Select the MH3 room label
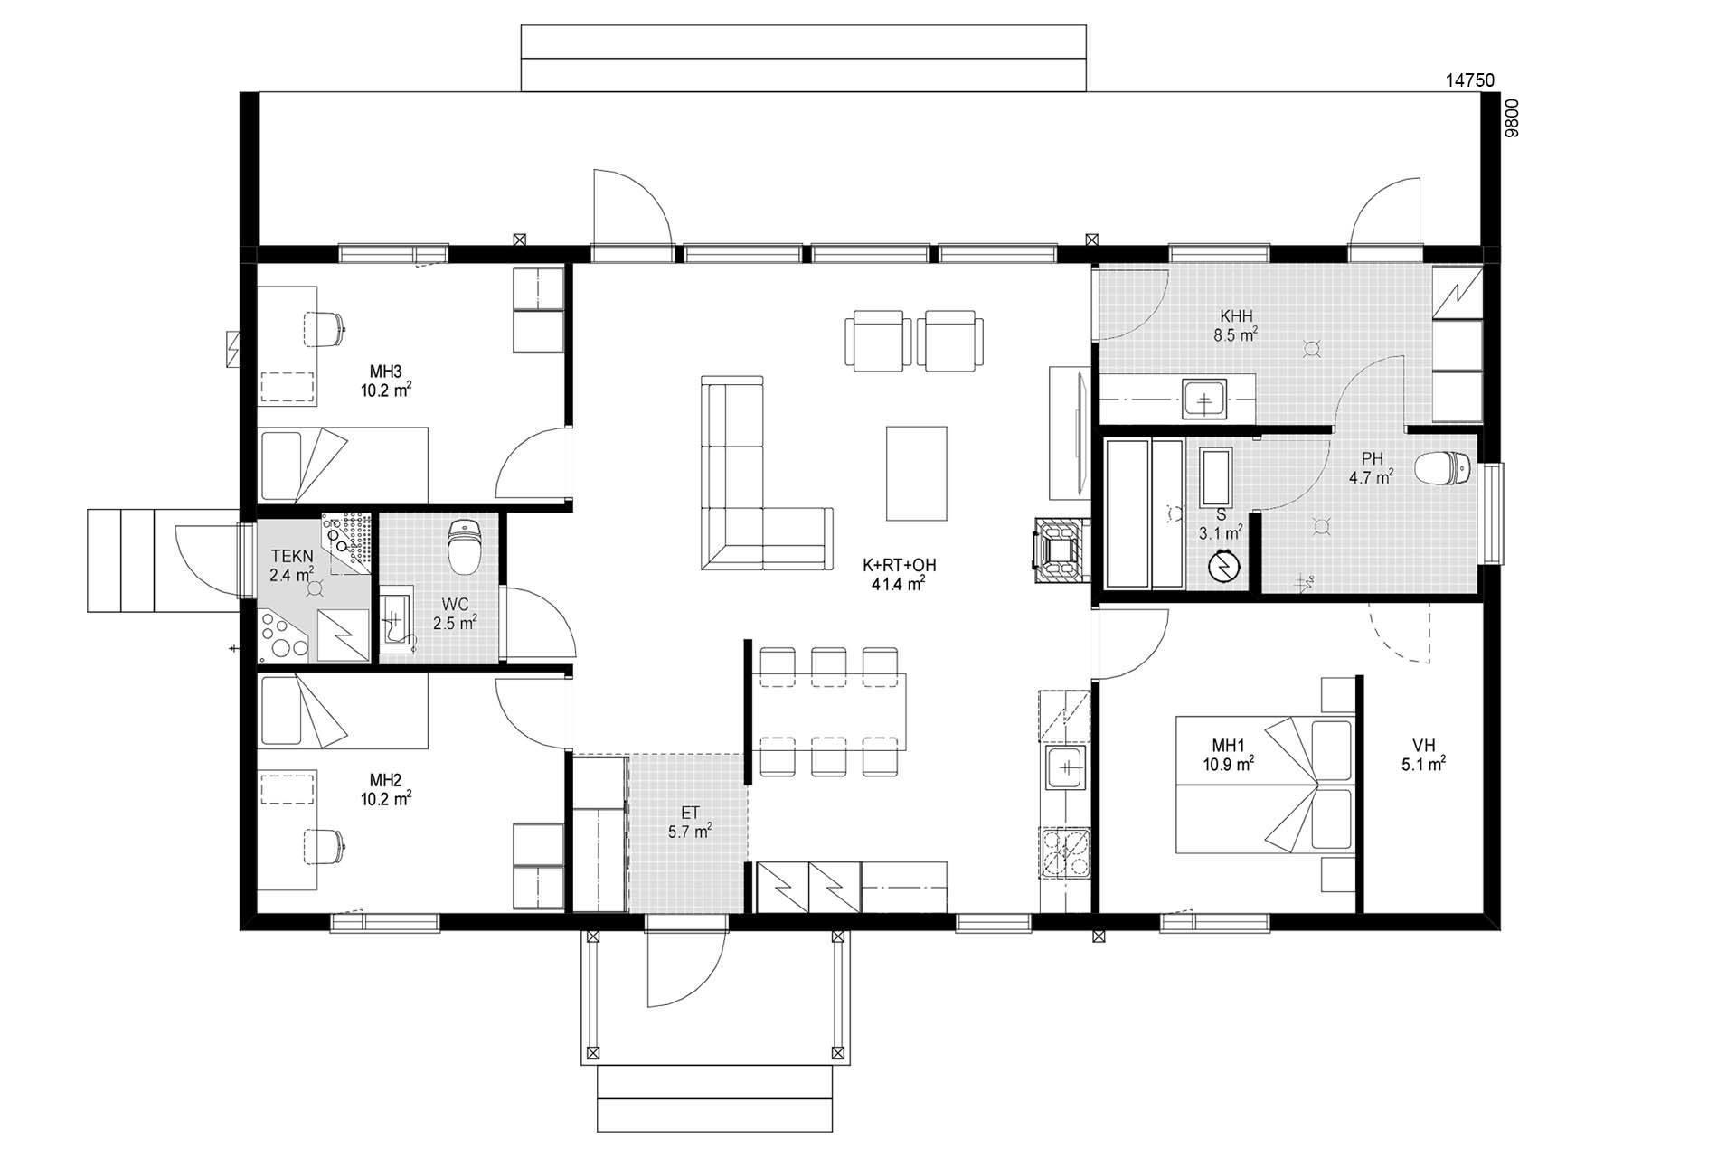(385, 371)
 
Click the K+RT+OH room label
(899, 566)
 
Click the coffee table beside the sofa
(917, 474)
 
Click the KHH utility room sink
(1204, 399)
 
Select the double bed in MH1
(1265, 785)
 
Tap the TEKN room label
(292, 557)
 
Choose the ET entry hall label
(690, 813)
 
